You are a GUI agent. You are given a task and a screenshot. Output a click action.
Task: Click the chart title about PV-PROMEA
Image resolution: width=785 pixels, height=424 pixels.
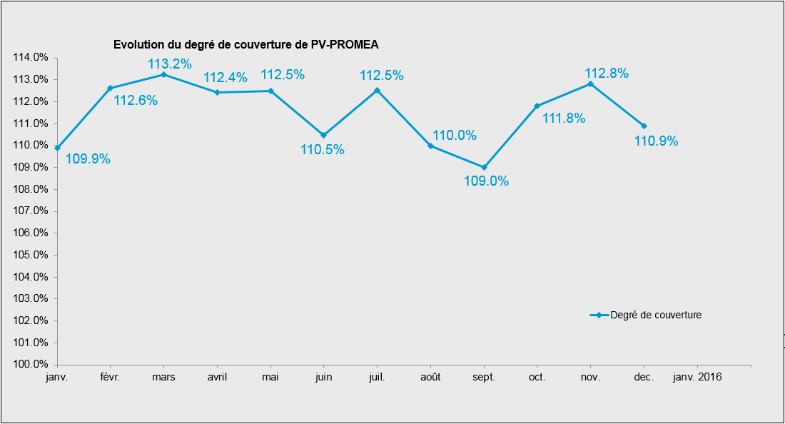point(245,44)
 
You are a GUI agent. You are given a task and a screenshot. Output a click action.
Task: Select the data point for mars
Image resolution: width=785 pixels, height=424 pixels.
point(163,74)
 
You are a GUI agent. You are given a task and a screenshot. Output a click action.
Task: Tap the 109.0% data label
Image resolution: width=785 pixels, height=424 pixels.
point(486,181)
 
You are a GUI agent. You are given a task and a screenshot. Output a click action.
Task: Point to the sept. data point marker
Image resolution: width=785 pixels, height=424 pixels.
point(484,168)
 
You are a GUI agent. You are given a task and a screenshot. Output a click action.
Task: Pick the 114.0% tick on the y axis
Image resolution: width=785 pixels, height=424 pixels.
point(31,57)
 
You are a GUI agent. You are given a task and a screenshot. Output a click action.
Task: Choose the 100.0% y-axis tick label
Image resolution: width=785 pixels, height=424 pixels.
point(31,365)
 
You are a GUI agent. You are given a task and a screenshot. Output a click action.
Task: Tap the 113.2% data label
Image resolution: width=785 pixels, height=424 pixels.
point(170,64)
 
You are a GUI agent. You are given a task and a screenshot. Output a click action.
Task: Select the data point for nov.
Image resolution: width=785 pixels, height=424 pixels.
point(590,84)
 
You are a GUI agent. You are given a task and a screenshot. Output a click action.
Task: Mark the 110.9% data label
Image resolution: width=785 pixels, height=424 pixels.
point(656,141)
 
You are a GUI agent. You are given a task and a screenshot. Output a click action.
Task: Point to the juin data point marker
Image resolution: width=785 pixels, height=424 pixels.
point(323,135)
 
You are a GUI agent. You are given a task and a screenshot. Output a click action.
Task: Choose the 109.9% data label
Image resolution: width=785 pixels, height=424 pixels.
point(88,159)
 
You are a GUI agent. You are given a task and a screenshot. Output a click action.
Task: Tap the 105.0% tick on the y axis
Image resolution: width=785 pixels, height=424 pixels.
point(31,255)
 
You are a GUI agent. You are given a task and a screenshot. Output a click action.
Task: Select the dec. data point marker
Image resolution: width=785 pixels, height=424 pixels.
point(644,126)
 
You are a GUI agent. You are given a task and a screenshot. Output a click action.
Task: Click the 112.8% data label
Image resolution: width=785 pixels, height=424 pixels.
point(606,73)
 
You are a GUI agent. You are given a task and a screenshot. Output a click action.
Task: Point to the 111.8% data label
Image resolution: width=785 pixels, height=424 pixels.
point(564,118)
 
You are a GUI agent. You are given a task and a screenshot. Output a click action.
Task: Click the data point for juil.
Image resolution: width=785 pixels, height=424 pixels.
point(377,90)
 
